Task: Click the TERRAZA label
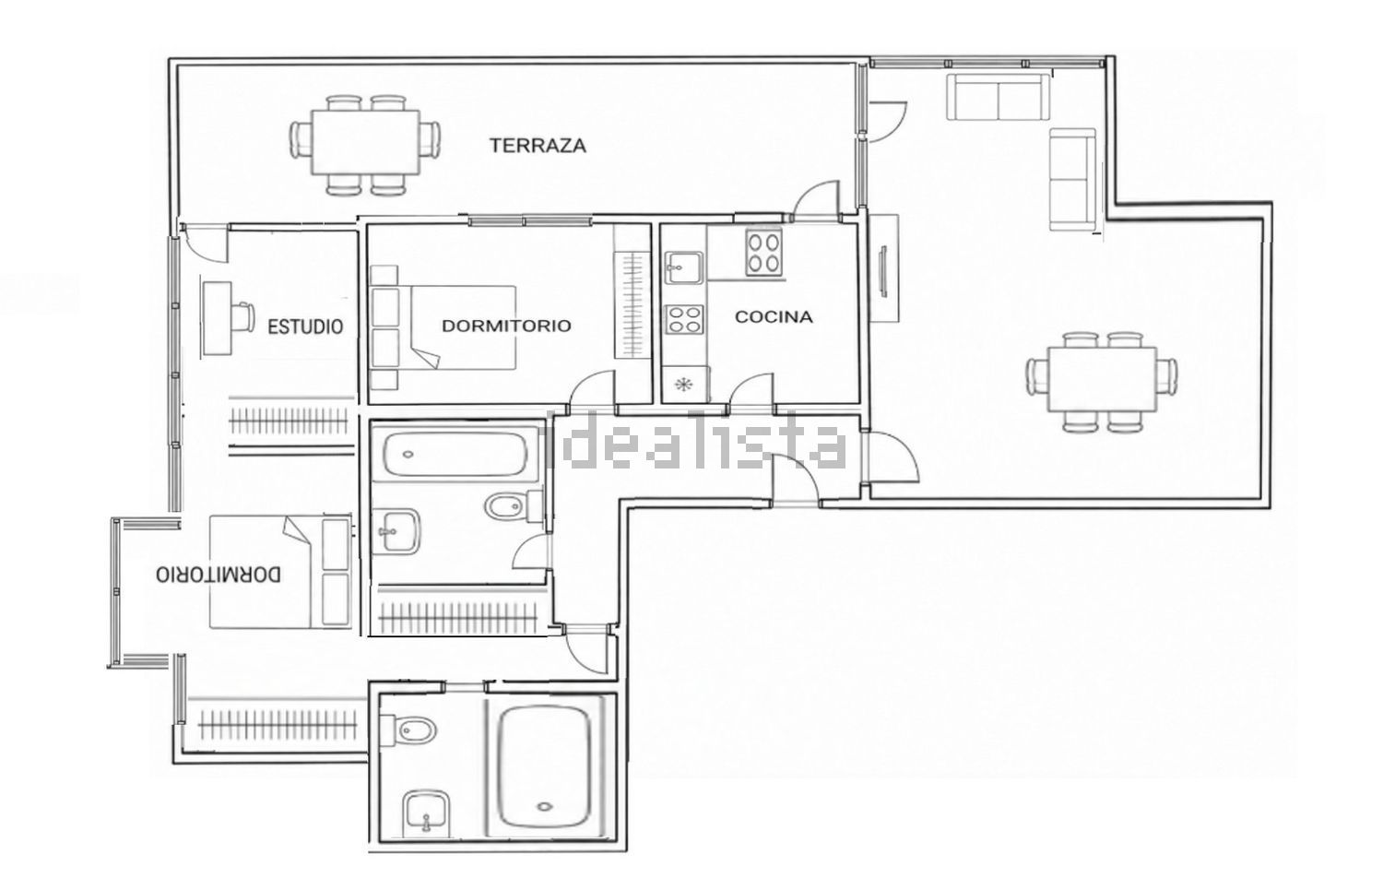click(538, 146)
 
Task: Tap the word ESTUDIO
click(305, 326)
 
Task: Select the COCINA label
click(774, 316)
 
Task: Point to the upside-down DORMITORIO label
click(218, 575)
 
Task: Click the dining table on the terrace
click(365, 143)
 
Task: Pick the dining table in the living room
click(1102, 379)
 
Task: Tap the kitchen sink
click(683, 267)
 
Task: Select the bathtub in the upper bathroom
click(455, 455)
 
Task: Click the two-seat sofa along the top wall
click(998, 97)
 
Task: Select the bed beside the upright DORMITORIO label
click(443, 327)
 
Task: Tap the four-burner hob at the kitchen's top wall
click(763, 252)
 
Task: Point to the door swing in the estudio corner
click(207, 243)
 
